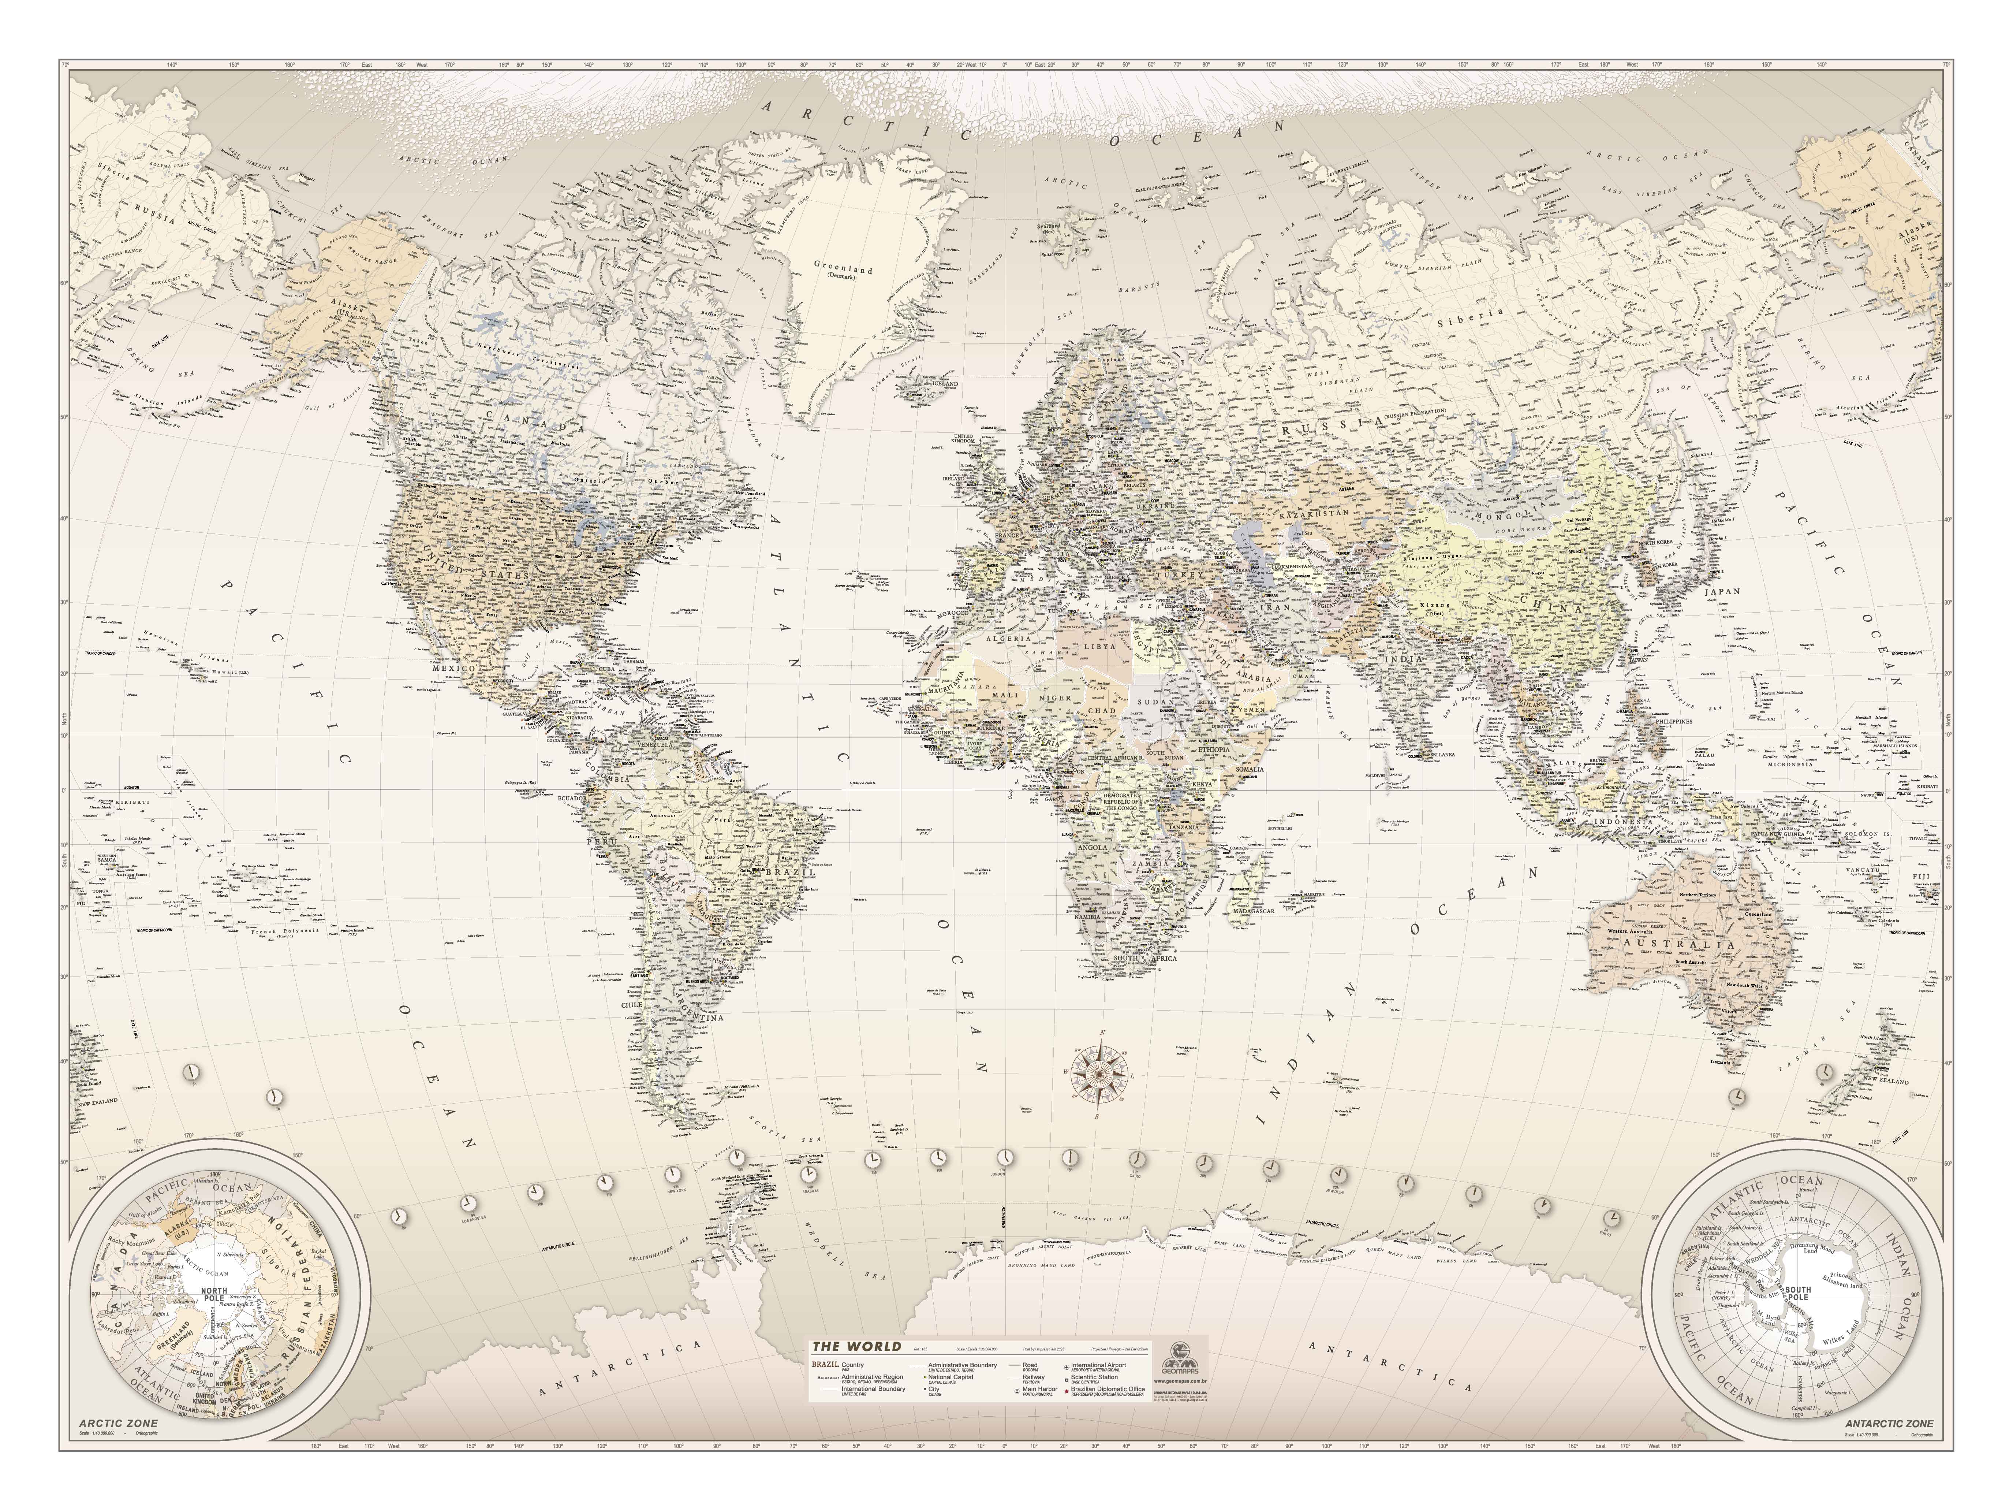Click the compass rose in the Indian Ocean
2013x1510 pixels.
click(1098, 1074)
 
